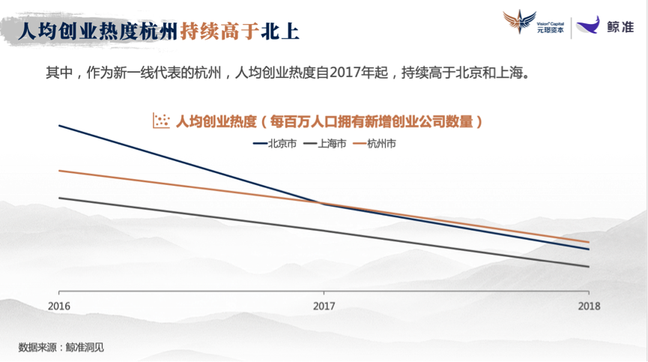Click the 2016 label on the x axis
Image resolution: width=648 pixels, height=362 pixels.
tap(58, 307)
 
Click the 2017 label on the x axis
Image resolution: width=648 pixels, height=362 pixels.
tap(324, 307)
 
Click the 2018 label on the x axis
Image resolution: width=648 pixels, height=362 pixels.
tap(589, 307)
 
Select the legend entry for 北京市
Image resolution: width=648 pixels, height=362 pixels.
tap(275, 144)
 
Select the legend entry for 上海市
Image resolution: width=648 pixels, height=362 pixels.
tap(325, 144)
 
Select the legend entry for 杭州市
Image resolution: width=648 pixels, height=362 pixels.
tap(375, 144)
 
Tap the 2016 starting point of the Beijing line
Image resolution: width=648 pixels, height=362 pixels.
tap(59, 125)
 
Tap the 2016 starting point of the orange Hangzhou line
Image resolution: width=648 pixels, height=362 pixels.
tap(59, 170)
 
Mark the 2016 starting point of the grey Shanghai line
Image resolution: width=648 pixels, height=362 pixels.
tap(59, 198)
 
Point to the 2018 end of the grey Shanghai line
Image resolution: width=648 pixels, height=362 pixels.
tap(589, 267)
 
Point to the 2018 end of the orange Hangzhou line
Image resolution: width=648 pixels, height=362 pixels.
tap(589, 242)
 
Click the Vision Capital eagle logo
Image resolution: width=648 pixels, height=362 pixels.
tap(519, 22)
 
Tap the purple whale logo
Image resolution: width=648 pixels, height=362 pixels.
tap(588, 25)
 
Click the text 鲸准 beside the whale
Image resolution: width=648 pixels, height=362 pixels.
tap(620, 27)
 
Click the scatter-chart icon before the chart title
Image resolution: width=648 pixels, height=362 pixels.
tap(161, 121)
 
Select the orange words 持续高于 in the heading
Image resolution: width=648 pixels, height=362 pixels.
tap(219, 31)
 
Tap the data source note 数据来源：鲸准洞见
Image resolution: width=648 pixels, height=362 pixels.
tap(61, 347)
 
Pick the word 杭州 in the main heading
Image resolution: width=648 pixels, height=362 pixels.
tap(159, 31)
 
